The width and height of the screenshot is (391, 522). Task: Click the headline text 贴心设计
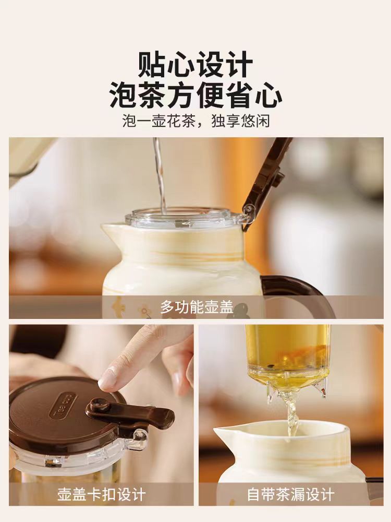pyautogui.click(x=195, y=64)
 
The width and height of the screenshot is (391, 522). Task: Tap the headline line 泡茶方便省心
pyautogui.click(x=196, y=94)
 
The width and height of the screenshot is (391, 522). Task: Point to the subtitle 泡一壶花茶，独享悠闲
pyautogui.click(x=196, y=121)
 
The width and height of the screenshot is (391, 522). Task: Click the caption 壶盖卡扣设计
pyautogui.click(x=101, y=494)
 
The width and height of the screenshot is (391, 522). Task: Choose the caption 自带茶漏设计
pyautogui.click(x=290, y=494)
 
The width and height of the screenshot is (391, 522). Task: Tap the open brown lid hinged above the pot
pyautogui.click(x=266, y=184)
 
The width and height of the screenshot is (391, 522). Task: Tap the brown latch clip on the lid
pyautogui.click(x=130, y=412)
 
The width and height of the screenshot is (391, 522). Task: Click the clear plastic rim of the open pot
pyautogui.click(x=184, y=218)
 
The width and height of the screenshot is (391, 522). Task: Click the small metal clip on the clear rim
pyautogui.click(x=180, y=224)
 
